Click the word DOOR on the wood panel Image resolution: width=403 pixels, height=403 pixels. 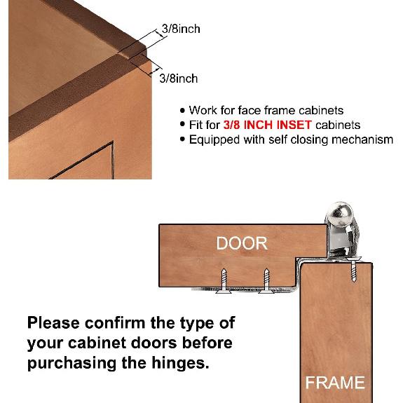242,244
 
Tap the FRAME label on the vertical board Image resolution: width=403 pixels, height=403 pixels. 335,383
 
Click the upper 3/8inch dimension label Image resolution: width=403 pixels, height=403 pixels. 180,29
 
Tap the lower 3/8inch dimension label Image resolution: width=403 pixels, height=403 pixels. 179,78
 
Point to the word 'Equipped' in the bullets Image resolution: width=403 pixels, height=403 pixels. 214,139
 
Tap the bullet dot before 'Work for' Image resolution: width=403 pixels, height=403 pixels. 183,111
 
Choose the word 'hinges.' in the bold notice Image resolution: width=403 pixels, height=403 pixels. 185,365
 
